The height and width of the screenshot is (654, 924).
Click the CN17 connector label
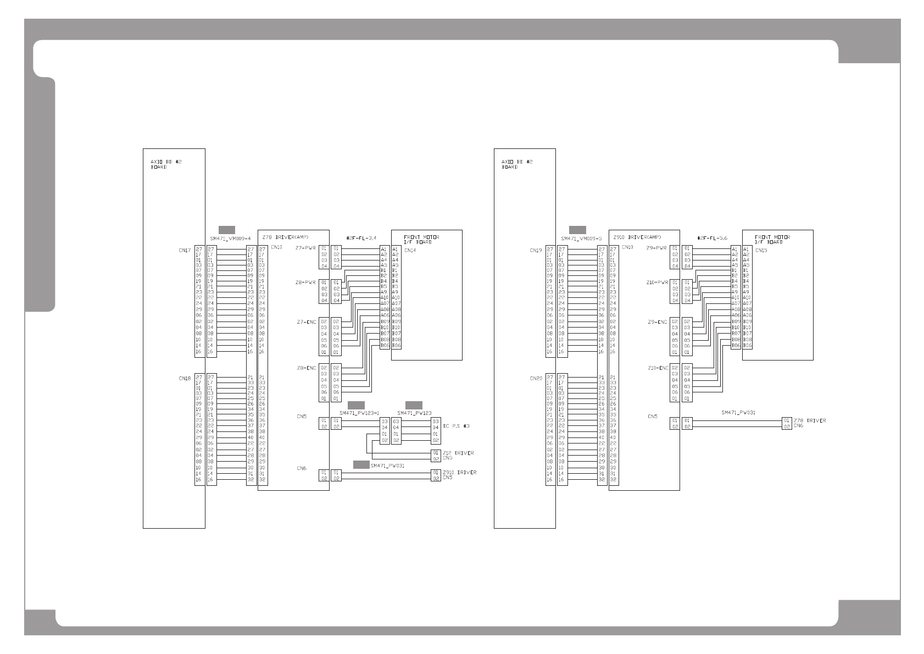pos(184,251)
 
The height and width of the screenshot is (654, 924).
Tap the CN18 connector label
pos(184,378)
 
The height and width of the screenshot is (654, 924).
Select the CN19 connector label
pos(536,251)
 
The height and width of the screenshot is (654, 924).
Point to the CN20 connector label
pos(536,378)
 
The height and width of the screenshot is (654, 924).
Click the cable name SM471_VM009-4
pos(230,239)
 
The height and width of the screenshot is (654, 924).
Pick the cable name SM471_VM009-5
pos(581,239)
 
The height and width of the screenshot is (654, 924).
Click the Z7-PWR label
pos(305,248)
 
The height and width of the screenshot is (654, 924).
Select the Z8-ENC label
pos(305,368)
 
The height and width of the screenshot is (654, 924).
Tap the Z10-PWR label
pos(657,282)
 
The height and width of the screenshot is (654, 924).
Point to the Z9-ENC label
pos(657,322)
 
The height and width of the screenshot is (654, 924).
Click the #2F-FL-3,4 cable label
pos(361,238)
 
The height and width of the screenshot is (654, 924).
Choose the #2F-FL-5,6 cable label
pos(712,238)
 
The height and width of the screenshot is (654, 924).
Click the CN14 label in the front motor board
pos(410,251)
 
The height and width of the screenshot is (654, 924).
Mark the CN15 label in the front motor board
pos(761,251)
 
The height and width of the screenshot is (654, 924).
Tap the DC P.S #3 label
pos(456,426)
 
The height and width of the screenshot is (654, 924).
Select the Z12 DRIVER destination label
pos(458,453)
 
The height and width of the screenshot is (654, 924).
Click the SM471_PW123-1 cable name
pos(359,413)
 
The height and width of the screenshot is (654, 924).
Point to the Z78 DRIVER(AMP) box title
pos(285,237)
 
